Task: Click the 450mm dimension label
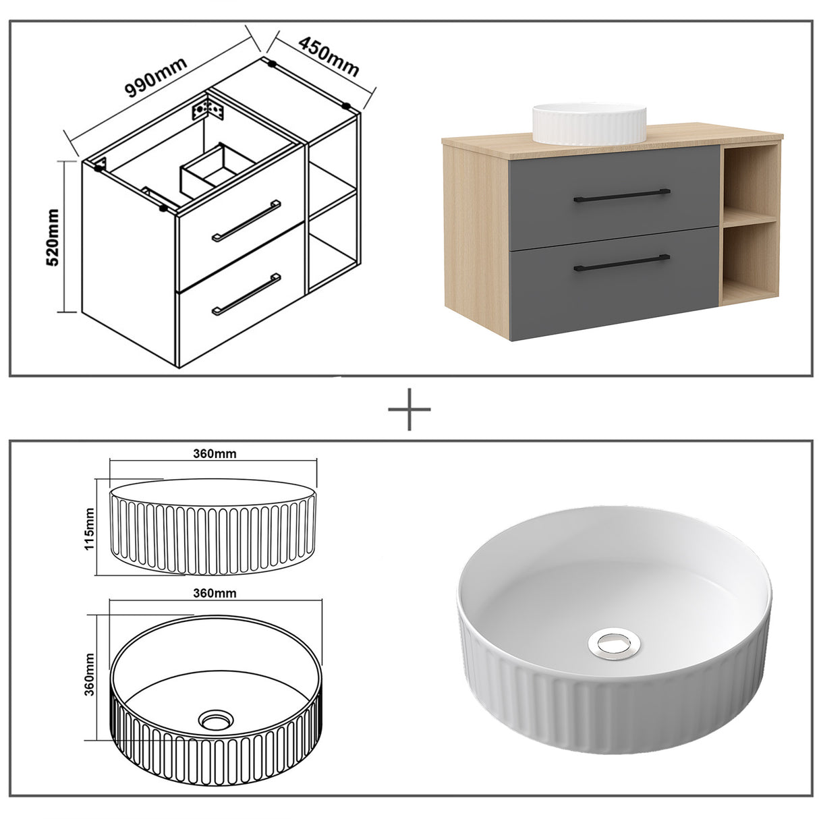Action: tap(329, 56)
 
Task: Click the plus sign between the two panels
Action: tap(409, 409)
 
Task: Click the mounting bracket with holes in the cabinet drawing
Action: tap(208, 109)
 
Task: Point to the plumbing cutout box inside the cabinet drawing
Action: tap(215, 166)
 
